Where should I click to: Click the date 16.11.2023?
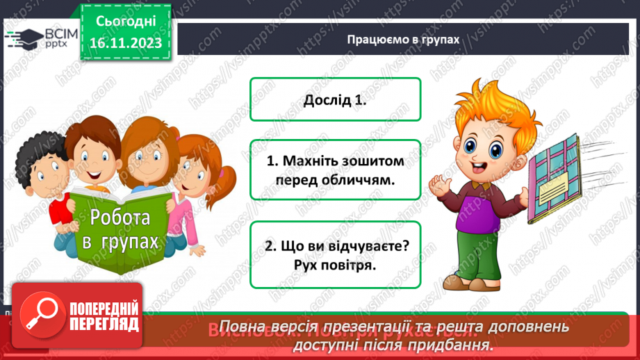click(x=125, y=42)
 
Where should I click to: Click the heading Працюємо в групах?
click(x=403, y=39)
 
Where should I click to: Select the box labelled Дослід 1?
click(x=335, y=99)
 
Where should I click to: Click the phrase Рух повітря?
click(x=335, y=264)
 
